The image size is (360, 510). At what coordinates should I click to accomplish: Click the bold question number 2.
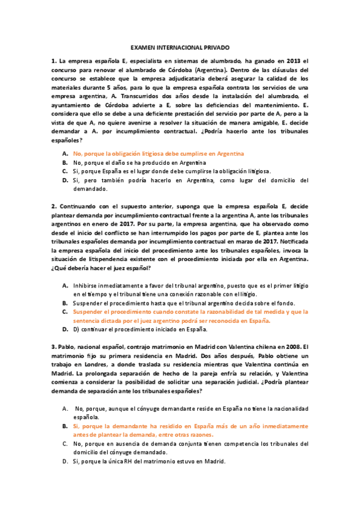coord(53,206)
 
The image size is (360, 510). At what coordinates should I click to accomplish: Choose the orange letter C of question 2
coord(64,312)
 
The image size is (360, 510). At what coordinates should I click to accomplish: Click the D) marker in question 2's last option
coord(76,330)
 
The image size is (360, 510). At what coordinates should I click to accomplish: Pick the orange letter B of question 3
coord(64,425)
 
